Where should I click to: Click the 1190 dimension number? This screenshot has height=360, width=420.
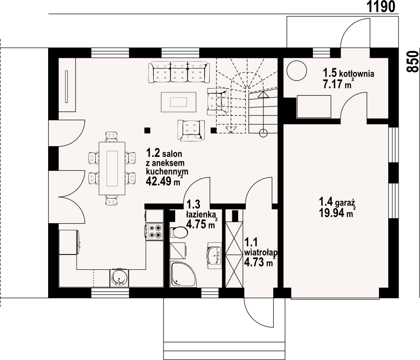(x=381, y=7)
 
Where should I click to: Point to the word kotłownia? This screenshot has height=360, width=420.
(x=356, y=73)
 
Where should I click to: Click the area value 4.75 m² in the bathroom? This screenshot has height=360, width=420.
(x=201, y=224)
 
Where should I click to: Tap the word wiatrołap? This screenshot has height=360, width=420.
(x=261, y=252)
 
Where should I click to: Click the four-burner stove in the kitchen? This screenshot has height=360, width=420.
(x=155, y=231)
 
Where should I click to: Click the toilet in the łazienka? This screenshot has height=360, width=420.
(x=178, y=232)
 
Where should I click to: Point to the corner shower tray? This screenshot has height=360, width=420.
(x=183, y=274)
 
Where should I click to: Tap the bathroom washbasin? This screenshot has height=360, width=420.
(x=214, y=255)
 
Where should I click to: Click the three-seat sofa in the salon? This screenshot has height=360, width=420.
(x=180, y=72)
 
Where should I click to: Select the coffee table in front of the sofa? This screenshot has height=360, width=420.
(x=178, y=102)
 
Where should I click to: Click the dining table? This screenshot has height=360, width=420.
(x=112, y=169)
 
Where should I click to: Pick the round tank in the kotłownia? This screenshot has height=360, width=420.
(x=297, y=71)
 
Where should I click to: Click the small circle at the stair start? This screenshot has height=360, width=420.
(x=263, y=133)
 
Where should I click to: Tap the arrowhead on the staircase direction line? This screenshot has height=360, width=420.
(x=263, y=94)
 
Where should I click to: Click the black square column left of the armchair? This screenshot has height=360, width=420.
(x=147, y=130)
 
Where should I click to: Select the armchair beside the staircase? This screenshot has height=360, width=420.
(x=218, y=102)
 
